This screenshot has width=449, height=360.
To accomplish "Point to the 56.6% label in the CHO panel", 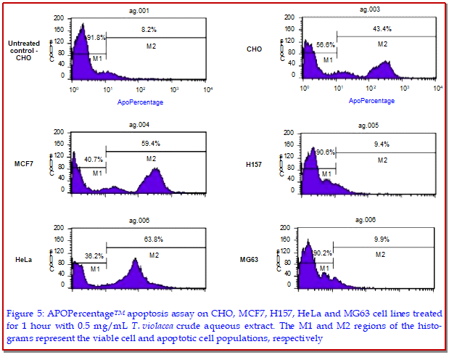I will tap(326, 44).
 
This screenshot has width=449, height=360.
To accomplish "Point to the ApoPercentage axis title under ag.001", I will tap(140, 102).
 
